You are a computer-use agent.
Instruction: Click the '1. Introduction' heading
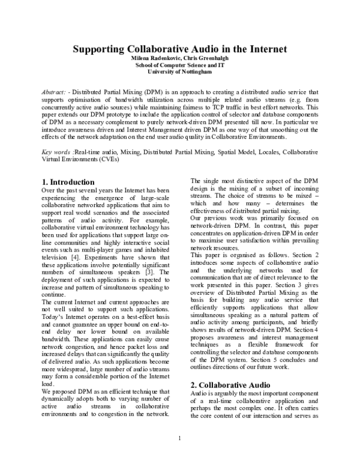[x=68, y=181]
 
